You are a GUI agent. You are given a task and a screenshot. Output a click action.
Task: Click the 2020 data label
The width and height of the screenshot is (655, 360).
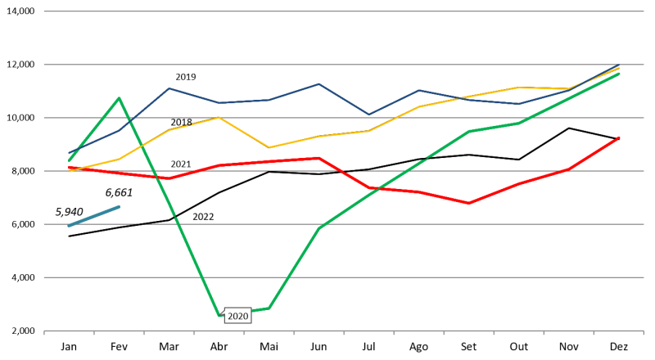pyautogui.click(x=237, y=317)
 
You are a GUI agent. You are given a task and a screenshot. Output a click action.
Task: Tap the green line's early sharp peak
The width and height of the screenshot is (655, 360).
pyautogui.click(x=120, y=98)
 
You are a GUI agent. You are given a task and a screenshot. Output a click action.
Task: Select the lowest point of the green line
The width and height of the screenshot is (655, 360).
pyautogui.click(x=219, y=315)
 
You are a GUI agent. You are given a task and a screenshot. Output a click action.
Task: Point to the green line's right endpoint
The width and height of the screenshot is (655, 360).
pyautogui.click(x=619, y=74)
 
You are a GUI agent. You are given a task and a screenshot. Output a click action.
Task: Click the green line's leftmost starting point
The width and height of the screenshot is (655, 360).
pyautogui.click(x=69, y=160)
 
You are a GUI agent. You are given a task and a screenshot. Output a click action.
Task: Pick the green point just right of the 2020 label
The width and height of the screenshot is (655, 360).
pyautogui.click(x=269, y=308)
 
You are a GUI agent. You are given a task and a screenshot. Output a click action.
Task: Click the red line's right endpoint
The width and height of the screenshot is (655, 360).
pyautogui.click(x=619, y=137)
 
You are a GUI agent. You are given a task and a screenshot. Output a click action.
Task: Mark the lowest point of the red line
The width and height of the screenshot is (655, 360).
pyautogui.click(x=468, y=203)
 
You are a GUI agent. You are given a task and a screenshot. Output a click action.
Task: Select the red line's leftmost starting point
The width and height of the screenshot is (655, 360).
pyautogui.click(x=69, y=168)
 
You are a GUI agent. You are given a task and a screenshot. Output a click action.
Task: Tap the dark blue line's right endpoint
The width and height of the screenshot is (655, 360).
pyautogui.click(x=619, y=65)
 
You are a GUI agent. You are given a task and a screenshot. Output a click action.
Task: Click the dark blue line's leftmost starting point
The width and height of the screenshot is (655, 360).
pyautogui.click(x=69, y=154)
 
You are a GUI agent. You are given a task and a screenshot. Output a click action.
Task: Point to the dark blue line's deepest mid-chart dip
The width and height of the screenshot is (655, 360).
pyautogui.click(x=368, y=115)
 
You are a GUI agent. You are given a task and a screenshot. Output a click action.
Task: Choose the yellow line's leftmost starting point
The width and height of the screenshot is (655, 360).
pyautogui.click(x=69, y=171)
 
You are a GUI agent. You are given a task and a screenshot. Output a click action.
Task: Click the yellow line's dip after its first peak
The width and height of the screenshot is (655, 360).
pyautogui.click(x=269, y=147)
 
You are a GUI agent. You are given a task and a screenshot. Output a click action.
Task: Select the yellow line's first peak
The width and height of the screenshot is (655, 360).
pyautogui.click(x=219, y=118)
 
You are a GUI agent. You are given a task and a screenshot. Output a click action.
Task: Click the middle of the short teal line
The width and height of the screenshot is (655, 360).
pyautogui.click(x=94, y=216)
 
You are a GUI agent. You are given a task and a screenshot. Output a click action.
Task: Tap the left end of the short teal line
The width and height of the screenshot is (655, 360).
pyautogui.click(x=69, y=226)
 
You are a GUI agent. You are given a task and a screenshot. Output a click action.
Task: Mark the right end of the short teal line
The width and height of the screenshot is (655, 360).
pyautogui.click(x=120, y=206)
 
